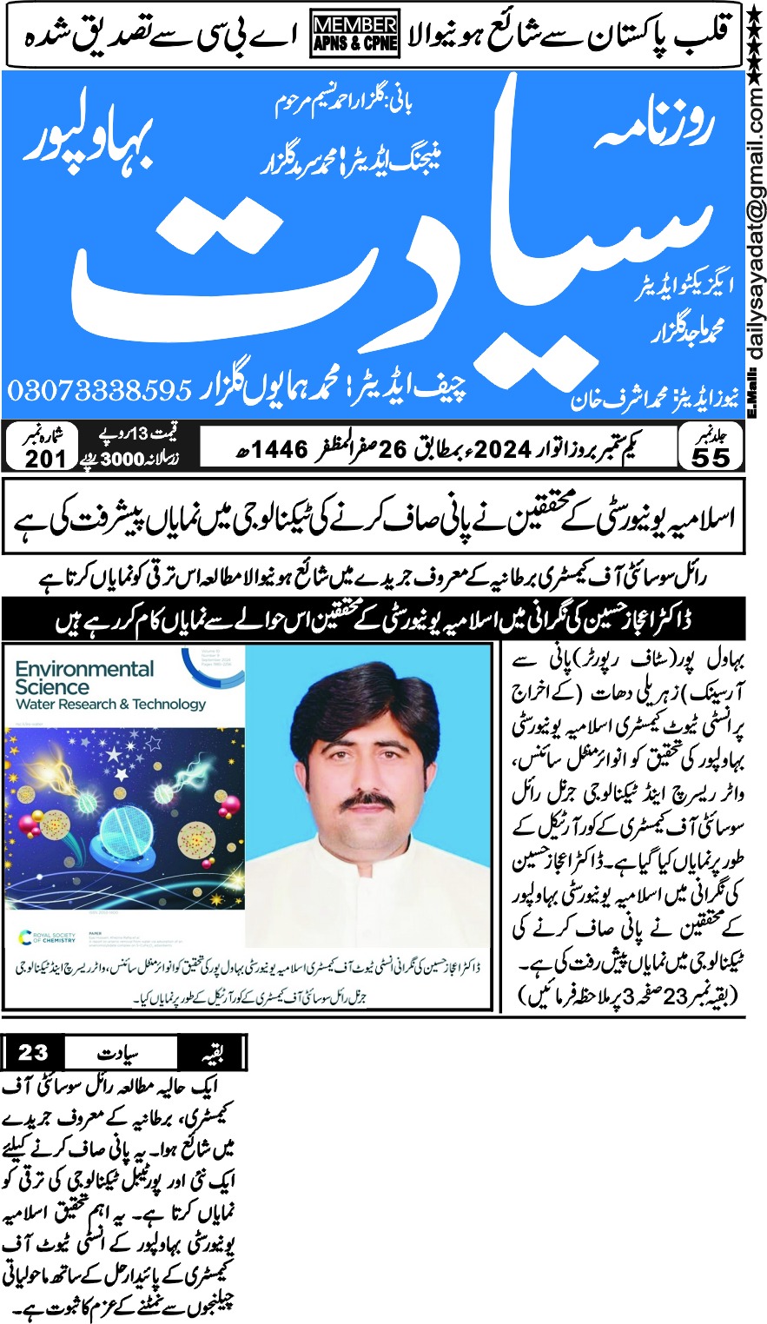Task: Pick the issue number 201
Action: click(x=46, y=459)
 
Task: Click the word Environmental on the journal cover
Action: click(x=84, y=669)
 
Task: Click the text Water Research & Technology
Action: click(x=110, y=704)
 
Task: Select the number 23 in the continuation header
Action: click(x=33, y=1054)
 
